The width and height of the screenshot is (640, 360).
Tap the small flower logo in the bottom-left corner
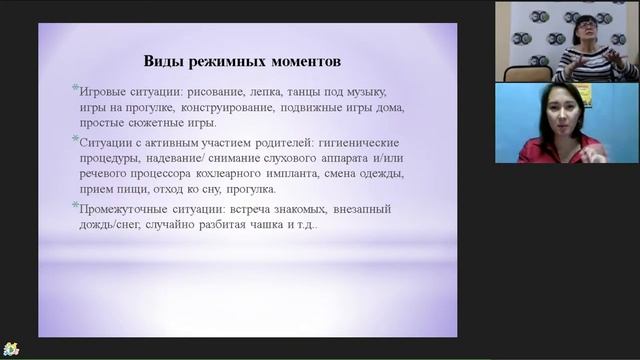click(11, 348)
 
